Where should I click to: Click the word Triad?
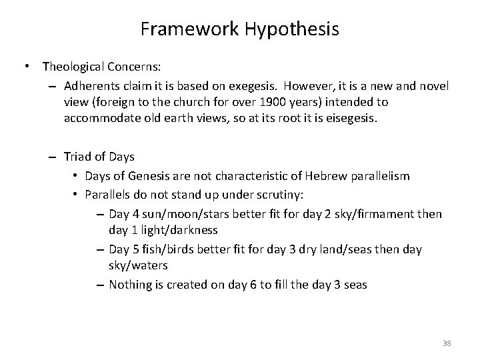click(78, 157)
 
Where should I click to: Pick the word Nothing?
click(130, 285)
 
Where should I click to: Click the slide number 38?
click(447, 343)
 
